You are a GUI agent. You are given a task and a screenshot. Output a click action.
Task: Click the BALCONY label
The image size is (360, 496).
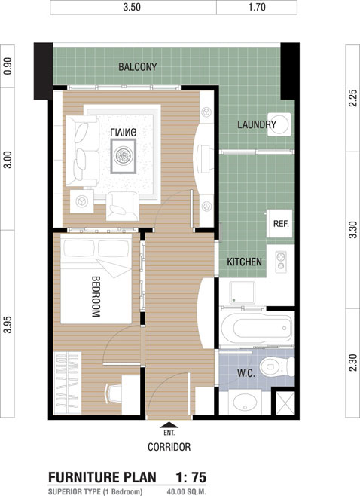click(x=138, y=67)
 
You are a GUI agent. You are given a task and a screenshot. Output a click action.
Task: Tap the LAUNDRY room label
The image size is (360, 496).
click(x=257, y=124)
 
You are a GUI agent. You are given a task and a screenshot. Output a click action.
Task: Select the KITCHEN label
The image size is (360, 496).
click(x=244, y=262)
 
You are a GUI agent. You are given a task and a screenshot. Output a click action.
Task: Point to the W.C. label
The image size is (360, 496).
click(x=246, y=373)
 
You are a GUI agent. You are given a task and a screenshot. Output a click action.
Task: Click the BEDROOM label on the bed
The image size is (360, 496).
click(x=96, y=297)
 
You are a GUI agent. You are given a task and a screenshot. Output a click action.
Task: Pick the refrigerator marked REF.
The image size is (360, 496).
click(x=279, y=223)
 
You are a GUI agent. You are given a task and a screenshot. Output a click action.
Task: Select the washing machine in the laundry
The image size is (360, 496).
click(x=279, y=124)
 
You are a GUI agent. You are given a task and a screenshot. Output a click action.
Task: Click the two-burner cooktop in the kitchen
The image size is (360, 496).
click(x=281, y=262)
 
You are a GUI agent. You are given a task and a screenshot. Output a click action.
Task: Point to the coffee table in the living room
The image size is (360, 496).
click(x=124, y=156)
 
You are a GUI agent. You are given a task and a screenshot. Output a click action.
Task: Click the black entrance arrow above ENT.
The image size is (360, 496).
click(x=169, y=425)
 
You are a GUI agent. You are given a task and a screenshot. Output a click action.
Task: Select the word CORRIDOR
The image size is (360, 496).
click(x=169, y=447)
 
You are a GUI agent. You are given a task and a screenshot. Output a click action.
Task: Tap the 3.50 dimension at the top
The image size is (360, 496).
click(x=132, y=7)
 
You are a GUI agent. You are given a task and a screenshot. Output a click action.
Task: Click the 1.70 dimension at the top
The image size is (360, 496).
click(x=257, y=7)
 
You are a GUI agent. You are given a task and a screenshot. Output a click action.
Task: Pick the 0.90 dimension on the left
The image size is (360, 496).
click(x=8, y=66)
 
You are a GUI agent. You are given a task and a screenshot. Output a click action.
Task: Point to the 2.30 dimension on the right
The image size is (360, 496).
click(x=353, y=363)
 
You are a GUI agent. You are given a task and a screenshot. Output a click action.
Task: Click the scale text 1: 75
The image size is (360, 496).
click(x=191, y=477)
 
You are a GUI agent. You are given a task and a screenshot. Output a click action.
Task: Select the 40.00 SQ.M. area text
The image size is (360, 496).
click(x=187, y=492)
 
